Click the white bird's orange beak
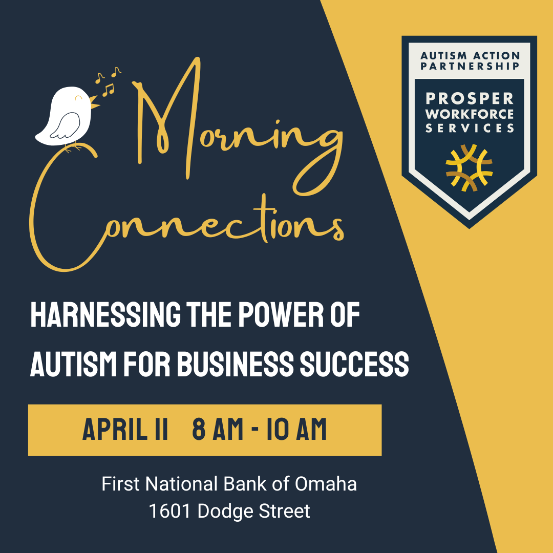point(94,101)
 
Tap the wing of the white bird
point(66,125)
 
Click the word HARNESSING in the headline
point(105,314)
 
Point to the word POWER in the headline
point(281,314)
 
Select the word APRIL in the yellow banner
point(115,429)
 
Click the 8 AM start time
point(218,429)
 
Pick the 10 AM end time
point(296,429)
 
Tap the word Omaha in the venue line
point(326,483)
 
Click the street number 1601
point(169,511)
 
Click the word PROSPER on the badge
point(470,99)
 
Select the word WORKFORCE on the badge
point(470,114)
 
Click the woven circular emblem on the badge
point(469,168)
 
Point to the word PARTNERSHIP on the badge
point(470,66)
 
